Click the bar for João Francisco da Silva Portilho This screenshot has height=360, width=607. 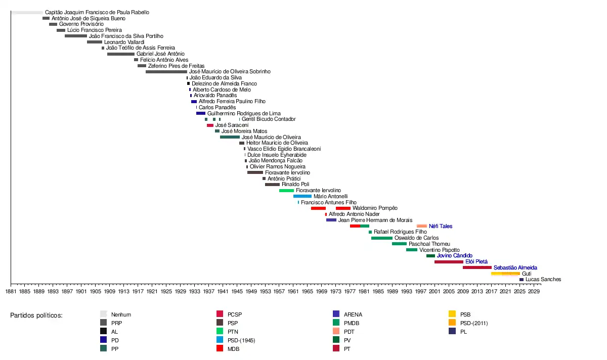coord(76,36)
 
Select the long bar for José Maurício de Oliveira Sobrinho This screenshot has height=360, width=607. coord(166,72)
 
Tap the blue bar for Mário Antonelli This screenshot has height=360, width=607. coord(302,196)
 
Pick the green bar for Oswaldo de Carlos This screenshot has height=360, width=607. coord(382,238)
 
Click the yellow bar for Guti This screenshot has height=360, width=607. coord(505,274)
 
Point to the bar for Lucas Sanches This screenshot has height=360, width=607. coord(522,280)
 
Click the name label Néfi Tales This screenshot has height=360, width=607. coord(441,226)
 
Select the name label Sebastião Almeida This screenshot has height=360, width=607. coord(515,267)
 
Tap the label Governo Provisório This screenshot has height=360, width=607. coord(81,24)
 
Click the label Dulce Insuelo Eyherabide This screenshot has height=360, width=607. coord(277,155)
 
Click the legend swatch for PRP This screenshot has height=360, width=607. coord(104,323)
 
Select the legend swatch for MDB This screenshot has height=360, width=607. coord(220,348)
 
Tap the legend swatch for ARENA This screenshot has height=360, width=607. coord(336,314)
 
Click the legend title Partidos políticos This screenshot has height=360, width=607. coord(36,316)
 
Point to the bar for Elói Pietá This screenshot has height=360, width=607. coord(449,262)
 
